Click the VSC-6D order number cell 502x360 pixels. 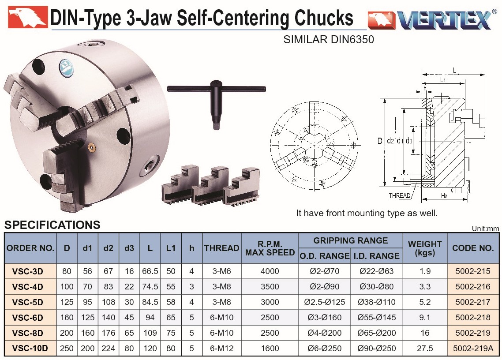pos(27,318)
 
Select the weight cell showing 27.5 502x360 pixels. pos(425,349)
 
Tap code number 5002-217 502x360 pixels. pos(473,302)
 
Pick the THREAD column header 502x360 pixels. pos(221,248)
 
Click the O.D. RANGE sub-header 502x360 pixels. pos(325,256)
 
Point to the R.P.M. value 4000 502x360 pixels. pos(270,271)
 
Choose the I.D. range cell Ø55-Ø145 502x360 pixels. pos(377,318)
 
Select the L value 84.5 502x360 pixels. pos(150,302)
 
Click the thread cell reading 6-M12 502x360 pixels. pos(221,349)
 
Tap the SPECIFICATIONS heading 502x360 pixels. pos(52,225)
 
